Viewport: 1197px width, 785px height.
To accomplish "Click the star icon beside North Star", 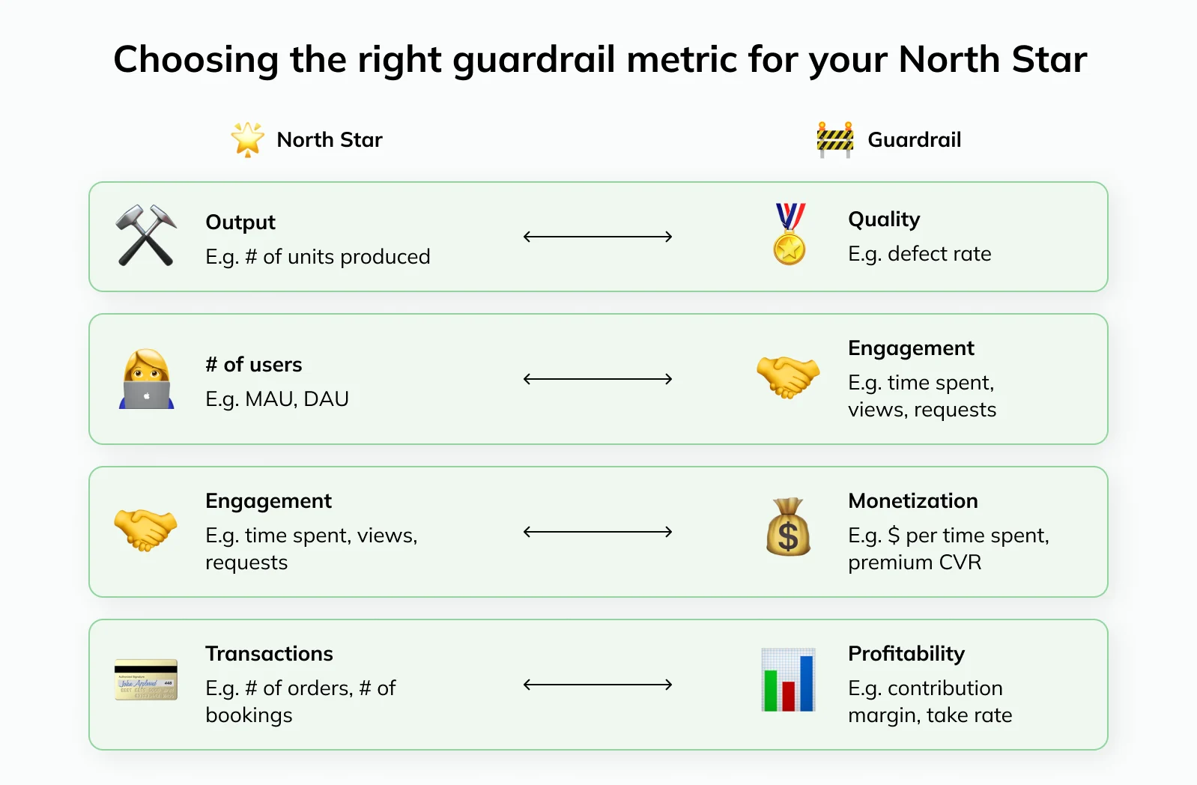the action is (247, 139).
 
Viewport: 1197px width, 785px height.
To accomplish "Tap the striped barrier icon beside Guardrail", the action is (834, 140).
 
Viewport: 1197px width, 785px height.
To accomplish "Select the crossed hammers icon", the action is (146, 235).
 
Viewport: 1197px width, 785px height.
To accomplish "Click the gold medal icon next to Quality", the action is (790, 234).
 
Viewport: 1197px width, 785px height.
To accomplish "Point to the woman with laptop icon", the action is (146, 379).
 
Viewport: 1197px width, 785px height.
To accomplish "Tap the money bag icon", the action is (788, 527).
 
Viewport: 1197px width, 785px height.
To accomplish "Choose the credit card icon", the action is (146, 679).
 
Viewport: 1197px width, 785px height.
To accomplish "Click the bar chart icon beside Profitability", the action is (788, 679).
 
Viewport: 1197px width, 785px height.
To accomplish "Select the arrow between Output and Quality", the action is (598, 237).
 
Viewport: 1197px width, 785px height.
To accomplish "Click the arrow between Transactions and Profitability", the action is (598, 685).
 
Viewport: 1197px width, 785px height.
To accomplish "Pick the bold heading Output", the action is (240, 222).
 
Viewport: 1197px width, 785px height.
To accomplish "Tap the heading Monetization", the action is (912, 500).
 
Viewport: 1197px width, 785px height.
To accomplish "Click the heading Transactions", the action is (270, 654).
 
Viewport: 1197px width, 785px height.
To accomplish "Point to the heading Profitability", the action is (906, 654).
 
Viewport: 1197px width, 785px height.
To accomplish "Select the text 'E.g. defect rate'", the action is (920, 254).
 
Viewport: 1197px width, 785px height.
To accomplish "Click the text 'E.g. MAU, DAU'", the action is (277, 399).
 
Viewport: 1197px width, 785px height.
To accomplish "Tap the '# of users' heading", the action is (254, 365).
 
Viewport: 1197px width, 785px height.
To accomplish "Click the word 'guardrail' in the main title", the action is (534, 60).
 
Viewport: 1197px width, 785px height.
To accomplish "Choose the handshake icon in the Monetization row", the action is (146, 529).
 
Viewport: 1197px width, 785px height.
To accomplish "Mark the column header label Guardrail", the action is (915, 139).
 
